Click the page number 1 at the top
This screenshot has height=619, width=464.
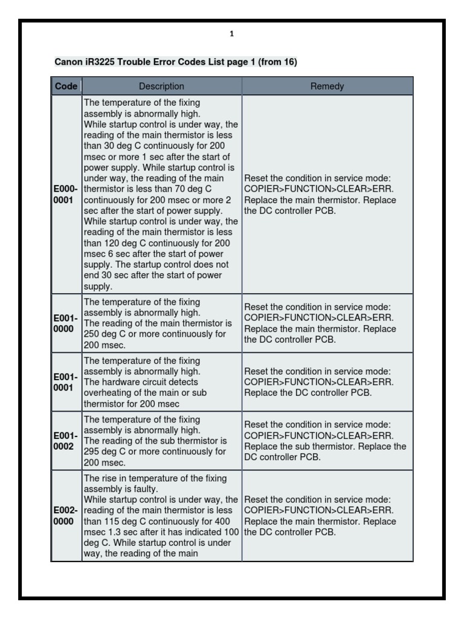[x=231, y=34]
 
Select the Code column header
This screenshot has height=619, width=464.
[x=66, y=86]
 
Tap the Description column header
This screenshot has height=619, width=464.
[x=161, y=86]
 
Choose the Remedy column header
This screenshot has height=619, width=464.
[x=327, y=86]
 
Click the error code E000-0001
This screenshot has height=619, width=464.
[x=65, y=195]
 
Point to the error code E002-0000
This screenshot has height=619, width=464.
[x=65, y=516]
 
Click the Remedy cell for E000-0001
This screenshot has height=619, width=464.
[x=327, y=195]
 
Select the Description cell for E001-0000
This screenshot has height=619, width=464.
[x=161, y=323]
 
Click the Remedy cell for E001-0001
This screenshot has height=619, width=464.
[x=327, y=382]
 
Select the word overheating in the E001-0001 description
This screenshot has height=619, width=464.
[x=107, y=393]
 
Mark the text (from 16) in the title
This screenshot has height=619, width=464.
[x=277, y=62]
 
